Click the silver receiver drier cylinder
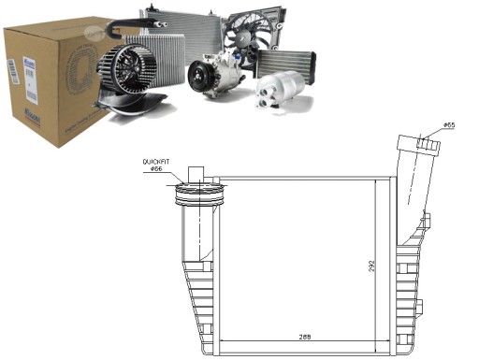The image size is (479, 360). pyautogui.click(x=277, y=92)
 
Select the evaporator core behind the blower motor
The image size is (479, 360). pyautogui.click(x=168, y=61)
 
